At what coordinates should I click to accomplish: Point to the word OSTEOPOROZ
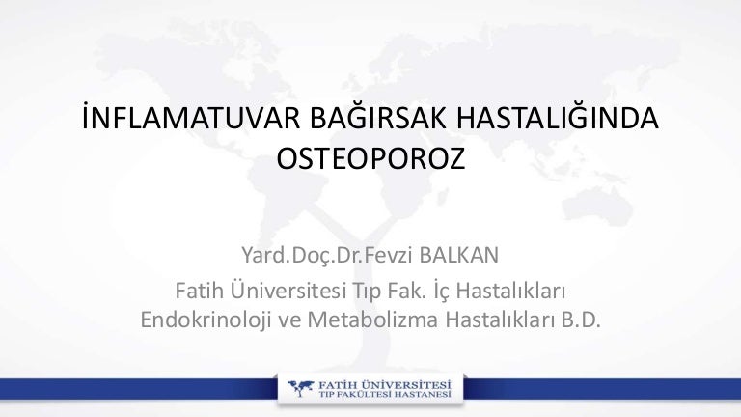[x=370, y=158]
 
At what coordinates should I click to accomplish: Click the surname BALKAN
[x=458, y=255]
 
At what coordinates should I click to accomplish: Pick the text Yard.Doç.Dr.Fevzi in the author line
[x=327, y=255]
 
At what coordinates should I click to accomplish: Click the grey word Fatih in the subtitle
[x=200, y=291]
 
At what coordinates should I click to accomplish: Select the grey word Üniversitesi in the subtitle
[x=288, y=290]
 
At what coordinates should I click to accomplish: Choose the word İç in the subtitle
[x=440, y=290]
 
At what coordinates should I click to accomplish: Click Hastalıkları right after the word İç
[x=510, y=291]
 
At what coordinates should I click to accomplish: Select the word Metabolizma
[x=372, y=320]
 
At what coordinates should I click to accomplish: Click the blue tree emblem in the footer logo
[x=301, y=388]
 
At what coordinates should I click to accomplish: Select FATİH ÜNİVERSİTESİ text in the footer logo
[x=385, y=384]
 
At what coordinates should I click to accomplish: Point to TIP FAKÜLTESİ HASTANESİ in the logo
[x=385, y=394]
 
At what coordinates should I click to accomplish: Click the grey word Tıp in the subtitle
[x=367, y=292]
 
